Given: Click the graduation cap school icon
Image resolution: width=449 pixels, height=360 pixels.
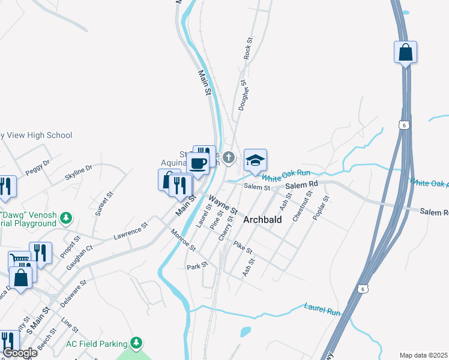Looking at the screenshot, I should click(x=255, y=160).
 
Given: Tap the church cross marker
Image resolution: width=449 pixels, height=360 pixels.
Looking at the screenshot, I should click(x=228, y=158).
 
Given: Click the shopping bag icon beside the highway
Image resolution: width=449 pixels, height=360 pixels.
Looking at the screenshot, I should click(x=405, y=52).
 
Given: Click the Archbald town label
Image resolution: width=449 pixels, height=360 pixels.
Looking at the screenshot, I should click(x=262, y=220).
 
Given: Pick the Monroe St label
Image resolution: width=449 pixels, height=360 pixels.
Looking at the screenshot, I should click(x=183, y=239).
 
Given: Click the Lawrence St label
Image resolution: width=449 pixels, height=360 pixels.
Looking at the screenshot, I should click(x=131, y=232).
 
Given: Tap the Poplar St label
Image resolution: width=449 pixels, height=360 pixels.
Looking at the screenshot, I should click(x=319, y=208).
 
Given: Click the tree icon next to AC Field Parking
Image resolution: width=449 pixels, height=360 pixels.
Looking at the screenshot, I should click(x=137, y=343).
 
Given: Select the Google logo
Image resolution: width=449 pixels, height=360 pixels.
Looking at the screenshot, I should click(x=19, y=353).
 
